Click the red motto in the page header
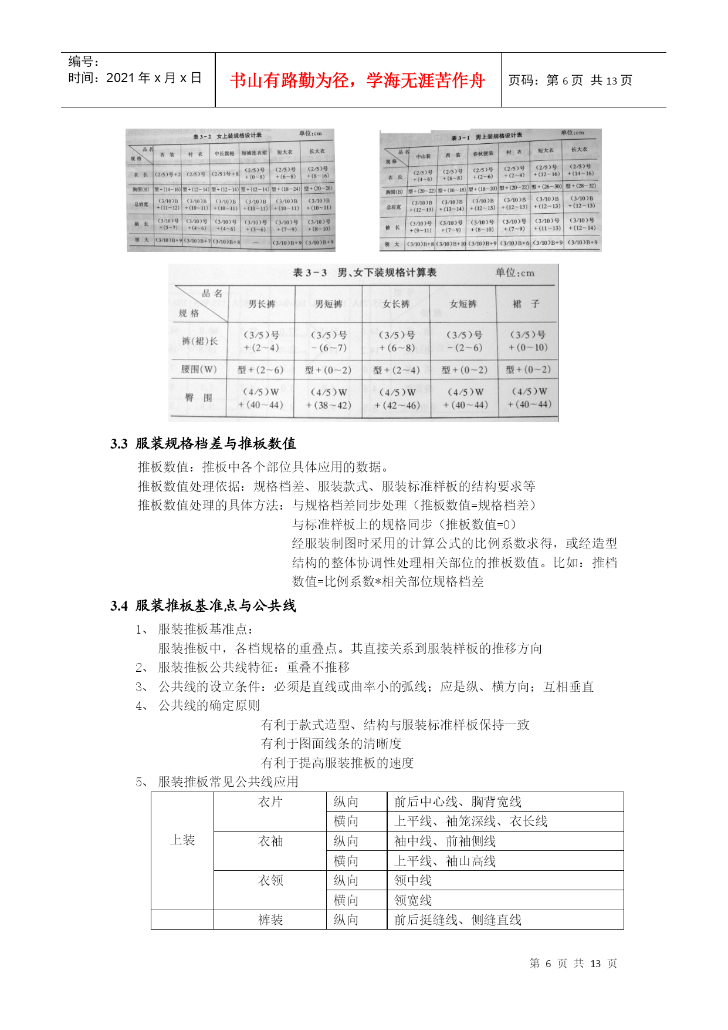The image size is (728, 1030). click(x=357, y=80)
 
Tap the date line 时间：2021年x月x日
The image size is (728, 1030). click(x=135, y=78)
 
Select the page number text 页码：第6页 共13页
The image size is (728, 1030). click(x=570, y=80)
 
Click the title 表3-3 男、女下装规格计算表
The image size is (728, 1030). click(x=364, y=272)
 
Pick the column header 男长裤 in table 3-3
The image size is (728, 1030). click(x=262, y=304)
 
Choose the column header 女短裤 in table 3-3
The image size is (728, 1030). click(x=463, y=304)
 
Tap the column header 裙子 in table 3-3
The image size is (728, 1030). click(x=526, y=304)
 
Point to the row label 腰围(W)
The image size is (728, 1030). click(x=199, y=369)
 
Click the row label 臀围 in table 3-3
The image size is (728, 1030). click(x=199, y=398)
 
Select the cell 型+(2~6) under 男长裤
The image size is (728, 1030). click(x=260, y=370)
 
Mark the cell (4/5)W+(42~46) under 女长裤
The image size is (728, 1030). click(x=397, y=399)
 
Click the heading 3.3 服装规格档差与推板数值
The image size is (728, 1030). click(x=203, y=443)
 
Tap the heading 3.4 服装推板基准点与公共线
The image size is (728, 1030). click(x=203, y=605)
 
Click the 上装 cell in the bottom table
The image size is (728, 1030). click(x=182, y=840)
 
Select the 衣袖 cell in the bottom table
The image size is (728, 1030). click(x=270, y=841)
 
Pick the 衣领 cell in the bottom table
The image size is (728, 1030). click(x=270, y=881)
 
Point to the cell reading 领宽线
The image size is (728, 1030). click(x=413, y=900)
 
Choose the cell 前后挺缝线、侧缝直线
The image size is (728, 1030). click(x=458, y=920)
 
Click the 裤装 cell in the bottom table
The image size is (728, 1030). click(x=270, y=920)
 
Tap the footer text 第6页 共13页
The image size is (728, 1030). click(x=573, y=964)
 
